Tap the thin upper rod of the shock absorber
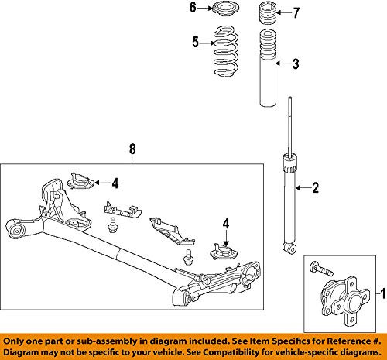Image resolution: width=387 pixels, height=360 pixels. [x=290, y=124]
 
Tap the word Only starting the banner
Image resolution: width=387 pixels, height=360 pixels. [x=19, y=334]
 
